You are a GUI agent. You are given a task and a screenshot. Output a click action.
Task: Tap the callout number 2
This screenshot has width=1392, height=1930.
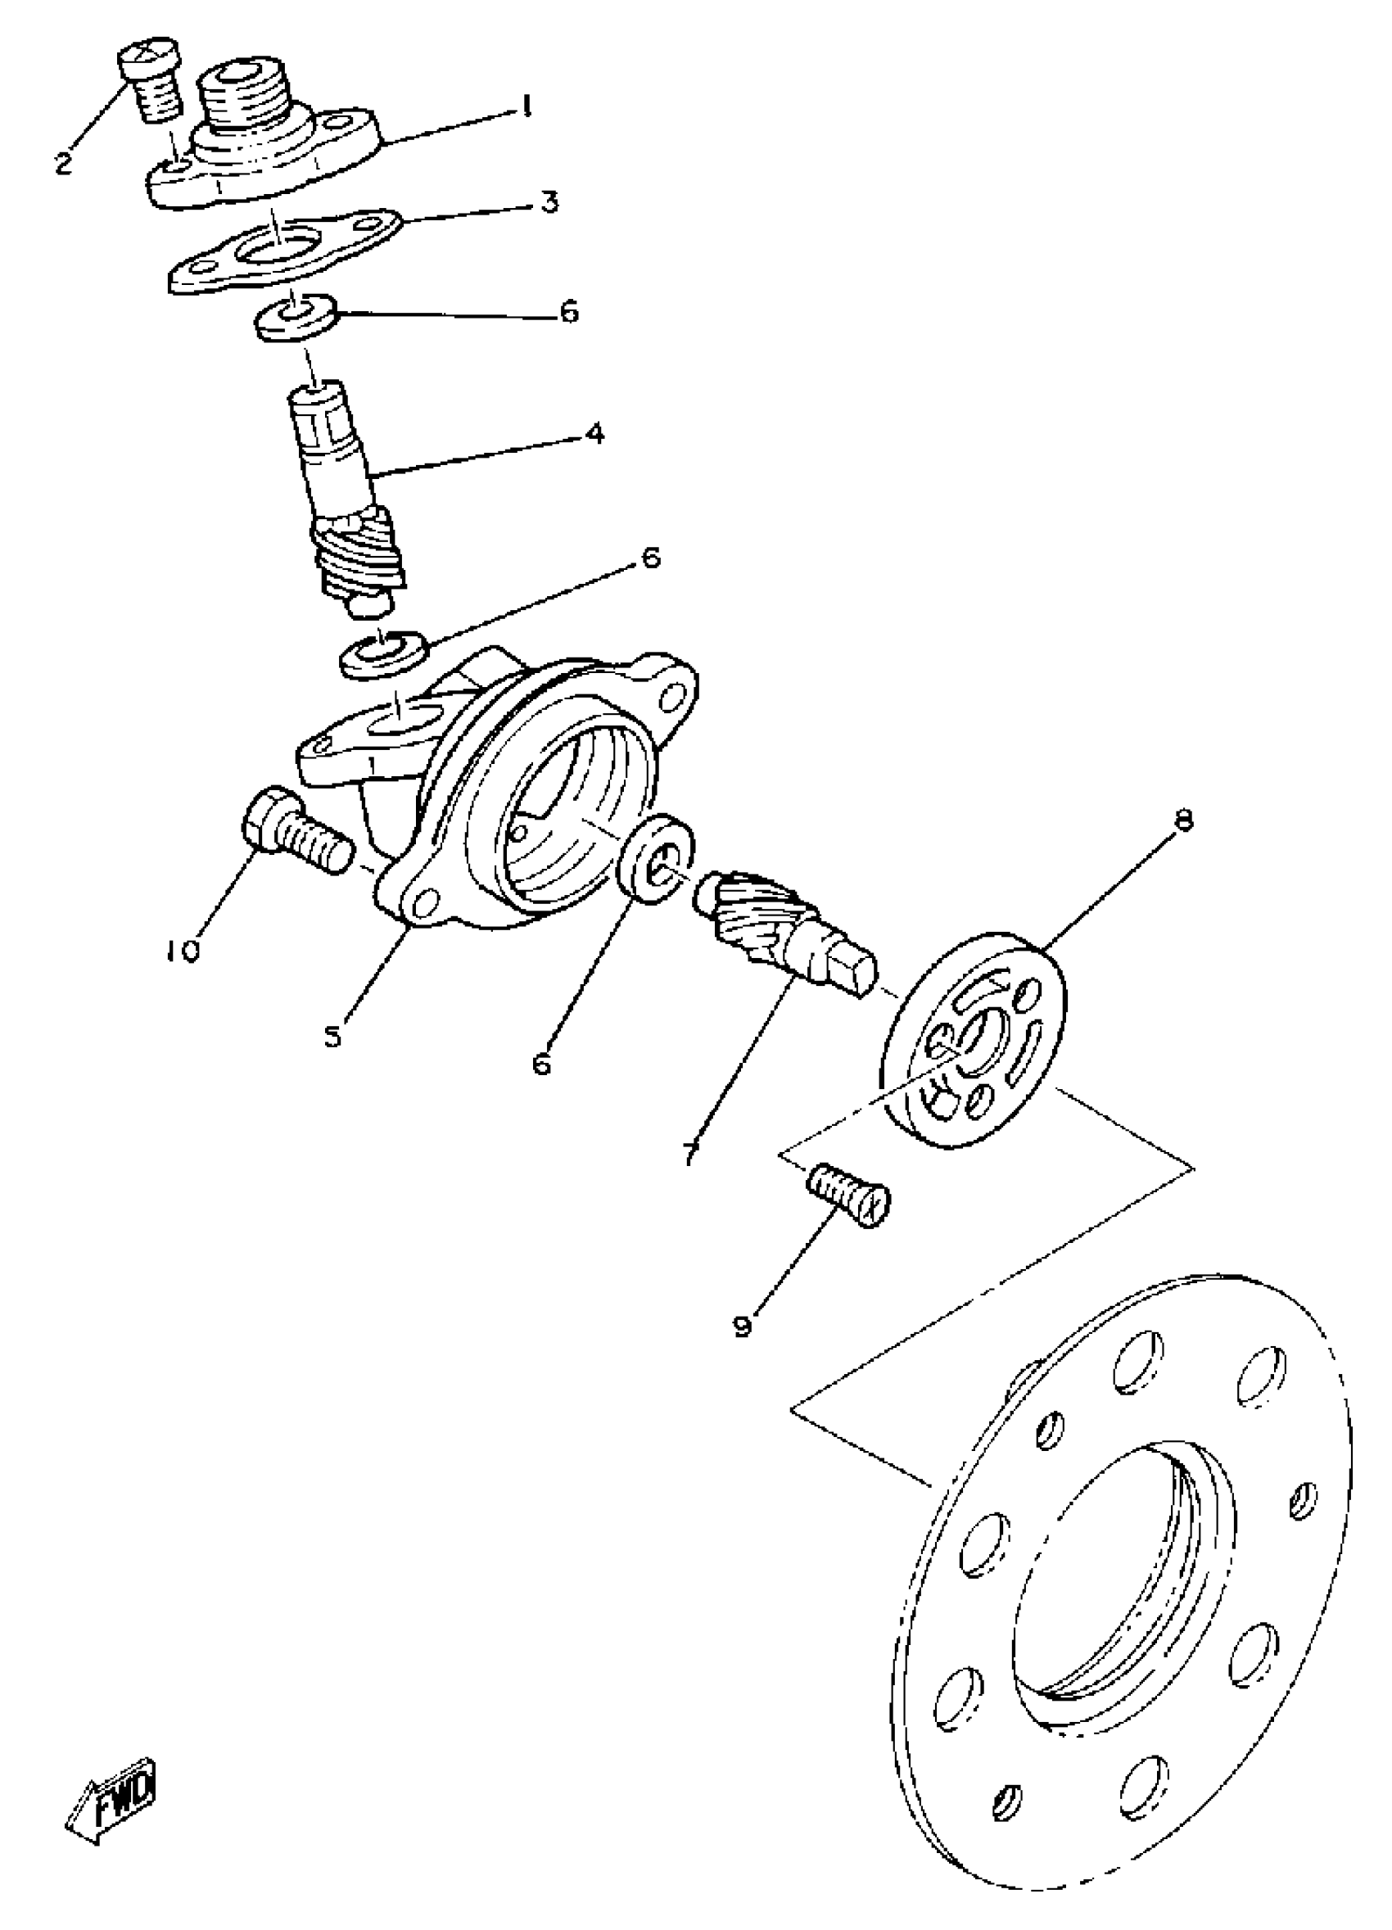tap(63, 161)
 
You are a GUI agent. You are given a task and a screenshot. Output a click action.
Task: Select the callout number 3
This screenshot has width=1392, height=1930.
tap(549, 202)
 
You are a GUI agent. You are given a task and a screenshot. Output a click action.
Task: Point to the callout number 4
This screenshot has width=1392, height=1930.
tap(594, 433)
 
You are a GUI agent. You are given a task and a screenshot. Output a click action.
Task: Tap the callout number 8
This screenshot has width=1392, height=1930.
tap(1183, 820)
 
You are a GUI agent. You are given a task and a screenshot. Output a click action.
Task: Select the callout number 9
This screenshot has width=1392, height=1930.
tap(743, 1326)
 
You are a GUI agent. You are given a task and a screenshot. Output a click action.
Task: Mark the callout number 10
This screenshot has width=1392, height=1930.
tap(182, 950)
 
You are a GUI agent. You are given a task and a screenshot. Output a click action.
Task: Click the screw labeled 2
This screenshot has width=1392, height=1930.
tap(152, 85)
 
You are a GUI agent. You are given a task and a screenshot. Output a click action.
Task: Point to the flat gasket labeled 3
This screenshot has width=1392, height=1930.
tap(285, 252)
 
